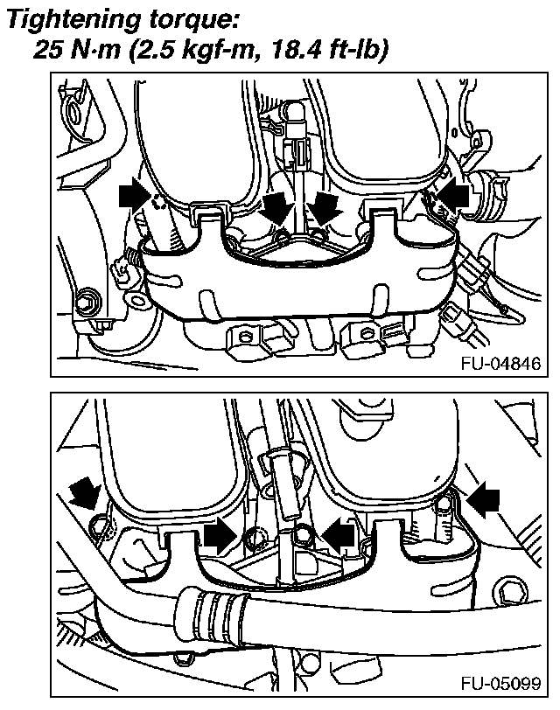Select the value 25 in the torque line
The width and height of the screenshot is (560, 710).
(48, 49)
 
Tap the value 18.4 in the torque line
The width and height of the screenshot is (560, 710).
(286, 49)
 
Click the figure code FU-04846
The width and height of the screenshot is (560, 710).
(500, 363)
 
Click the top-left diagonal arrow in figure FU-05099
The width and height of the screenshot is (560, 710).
(85, 496)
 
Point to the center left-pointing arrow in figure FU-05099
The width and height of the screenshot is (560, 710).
(339, 536)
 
